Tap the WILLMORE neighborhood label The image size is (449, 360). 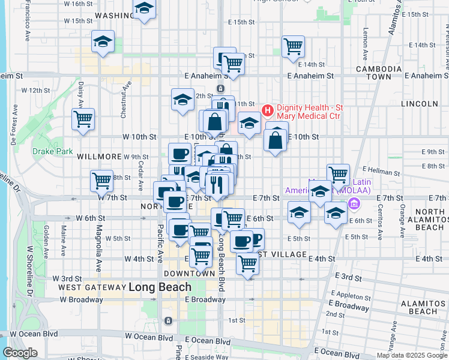100,157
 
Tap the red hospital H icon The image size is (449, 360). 267,110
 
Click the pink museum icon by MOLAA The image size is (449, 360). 353,205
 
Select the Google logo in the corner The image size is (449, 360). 20,353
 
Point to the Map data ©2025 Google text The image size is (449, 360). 411,355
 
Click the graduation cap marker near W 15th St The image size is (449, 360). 103,42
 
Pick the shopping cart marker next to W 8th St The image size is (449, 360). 101,180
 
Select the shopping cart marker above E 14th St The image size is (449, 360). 293,46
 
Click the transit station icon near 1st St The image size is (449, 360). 169,321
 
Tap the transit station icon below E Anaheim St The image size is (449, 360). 221,88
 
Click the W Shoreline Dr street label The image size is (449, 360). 29,277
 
